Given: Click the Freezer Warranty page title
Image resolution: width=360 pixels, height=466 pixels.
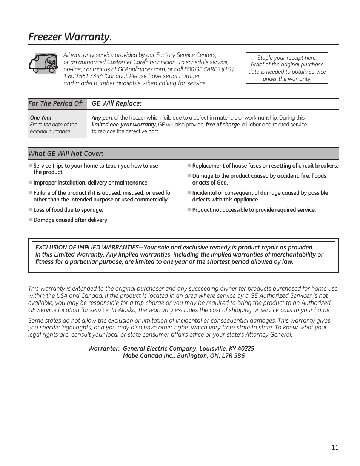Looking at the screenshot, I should (70, 37).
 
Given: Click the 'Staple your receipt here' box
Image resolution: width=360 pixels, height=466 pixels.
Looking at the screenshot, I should (287, 68).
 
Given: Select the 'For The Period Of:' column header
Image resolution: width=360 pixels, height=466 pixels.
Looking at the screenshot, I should (55, 103).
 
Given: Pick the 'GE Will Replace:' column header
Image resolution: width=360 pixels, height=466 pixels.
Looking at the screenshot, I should (116, 103).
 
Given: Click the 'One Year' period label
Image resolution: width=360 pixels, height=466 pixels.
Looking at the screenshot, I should (41, 118).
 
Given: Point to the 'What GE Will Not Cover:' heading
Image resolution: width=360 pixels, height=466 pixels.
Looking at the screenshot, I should (66, 154).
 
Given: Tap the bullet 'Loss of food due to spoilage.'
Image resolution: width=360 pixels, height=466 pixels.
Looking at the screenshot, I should (68, 210).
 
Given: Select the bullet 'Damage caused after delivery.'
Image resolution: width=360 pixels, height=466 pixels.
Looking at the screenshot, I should (71, 220).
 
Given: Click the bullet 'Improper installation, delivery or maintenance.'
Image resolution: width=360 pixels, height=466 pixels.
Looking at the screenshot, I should (91, 183).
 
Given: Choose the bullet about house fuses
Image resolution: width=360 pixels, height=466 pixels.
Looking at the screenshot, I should (265, 166).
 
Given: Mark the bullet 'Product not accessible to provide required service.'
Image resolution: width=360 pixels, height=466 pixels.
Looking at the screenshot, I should (254, 210).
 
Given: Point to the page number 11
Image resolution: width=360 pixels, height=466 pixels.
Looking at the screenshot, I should (335, 448).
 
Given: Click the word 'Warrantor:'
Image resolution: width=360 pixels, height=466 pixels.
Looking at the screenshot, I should (104, 349).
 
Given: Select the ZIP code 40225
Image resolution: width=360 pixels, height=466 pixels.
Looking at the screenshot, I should (246, 349).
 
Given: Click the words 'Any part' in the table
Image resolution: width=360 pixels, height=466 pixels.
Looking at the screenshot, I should (102, 118).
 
